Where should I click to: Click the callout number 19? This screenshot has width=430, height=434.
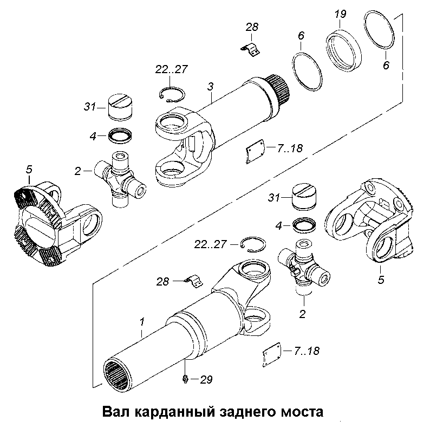[x=340, y=14]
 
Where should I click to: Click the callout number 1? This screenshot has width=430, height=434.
[x=142, y=323]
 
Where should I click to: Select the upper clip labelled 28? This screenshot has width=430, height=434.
[x=250, y=48]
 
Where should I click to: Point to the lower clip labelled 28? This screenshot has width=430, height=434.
[x=194, y=282]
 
